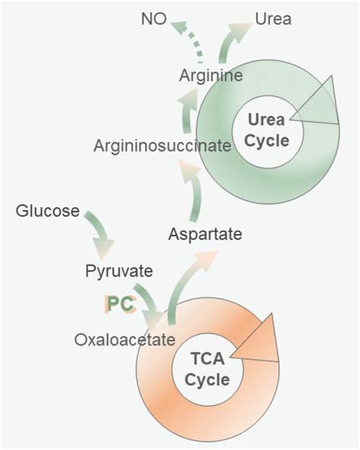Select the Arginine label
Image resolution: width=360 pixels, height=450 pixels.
211,75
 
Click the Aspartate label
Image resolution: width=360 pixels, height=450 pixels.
205,234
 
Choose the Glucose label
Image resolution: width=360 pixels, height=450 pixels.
47,211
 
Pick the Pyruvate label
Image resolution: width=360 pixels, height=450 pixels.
118,271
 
